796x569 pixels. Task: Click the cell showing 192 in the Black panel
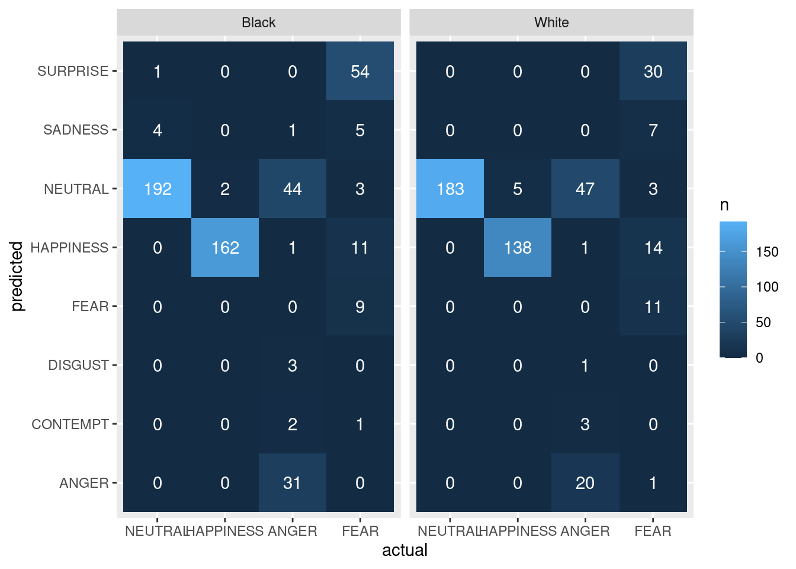pos(158,188)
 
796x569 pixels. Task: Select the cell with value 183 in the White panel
pos(450,188)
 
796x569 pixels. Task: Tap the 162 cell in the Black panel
pos(225,247)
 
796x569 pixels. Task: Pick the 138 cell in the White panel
pos(518,247)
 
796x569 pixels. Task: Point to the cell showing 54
pos(360,71)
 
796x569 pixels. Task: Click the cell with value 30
pos(653,71)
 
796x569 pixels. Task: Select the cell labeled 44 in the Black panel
pos(293,188)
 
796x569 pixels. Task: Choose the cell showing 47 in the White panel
pos(585,188)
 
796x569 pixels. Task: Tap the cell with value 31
pos(293,482)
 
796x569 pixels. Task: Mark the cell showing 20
pos(585,482)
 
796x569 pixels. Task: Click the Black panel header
pos(259,23)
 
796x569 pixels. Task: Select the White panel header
pos(551,23)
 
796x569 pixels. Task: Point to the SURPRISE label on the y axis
pos(73,71)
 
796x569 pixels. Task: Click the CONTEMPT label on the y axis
pos(70,424)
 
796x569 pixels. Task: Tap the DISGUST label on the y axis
pos(78,365)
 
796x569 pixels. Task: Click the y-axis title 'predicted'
pos(17,276)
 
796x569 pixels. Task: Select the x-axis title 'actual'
pos(405,550)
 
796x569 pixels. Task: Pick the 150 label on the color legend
pos(767,252)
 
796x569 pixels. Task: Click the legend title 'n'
pos(724,205)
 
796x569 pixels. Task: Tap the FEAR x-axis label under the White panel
pos(653,531)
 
